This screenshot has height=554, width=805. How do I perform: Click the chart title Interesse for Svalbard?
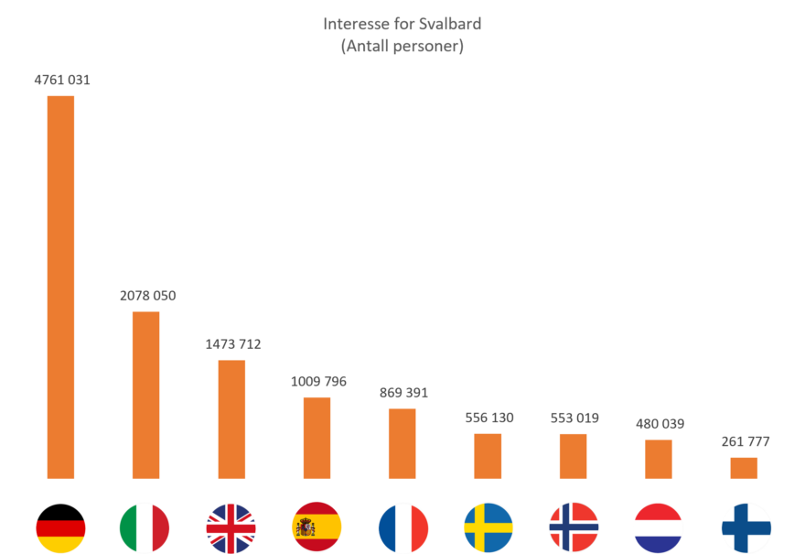(x=402, y=24)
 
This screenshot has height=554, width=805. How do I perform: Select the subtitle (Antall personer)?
(x=402, y=47)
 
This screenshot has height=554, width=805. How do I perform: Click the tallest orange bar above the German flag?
(x=60, y=287)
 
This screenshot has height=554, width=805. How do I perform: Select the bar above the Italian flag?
(x=145, y=395)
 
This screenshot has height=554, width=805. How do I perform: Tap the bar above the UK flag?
(x=231, y=419)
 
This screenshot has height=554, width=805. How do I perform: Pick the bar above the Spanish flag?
(x=317, y=438)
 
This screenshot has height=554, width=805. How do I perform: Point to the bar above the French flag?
(x=402, y=443)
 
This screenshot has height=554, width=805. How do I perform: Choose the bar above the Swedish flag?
(x=488, y=456)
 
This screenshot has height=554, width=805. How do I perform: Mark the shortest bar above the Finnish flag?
(x=744, y=468)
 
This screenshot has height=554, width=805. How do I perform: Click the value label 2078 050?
(x=147, y=296)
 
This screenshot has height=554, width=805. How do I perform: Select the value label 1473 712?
(x=232, y=344)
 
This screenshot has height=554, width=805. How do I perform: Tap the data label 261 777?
(x=745, y=441)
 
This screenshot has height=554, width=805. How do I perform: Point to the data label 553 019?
(x=574, y=418)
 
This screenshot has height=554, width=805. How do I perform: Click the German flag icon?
(x=60, y=527)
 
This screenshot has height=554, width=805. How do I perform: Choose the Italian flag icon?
(x=145, y=527)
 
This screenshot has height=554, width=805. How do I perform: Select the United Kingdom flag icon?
(x=231, y=527)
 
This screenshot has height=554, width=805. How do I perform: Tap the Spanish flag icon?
(x=317, y=527)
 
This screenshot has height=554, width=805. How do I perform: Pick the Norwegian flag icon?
(x=574, y=527)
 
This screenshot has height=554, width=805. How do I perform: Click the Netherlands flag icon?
(x=659, y=527)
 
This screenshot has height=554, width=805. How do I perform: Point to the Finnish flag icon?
(x=746, y=527)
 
